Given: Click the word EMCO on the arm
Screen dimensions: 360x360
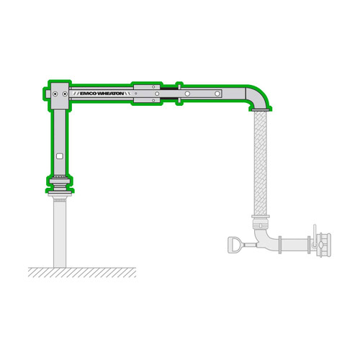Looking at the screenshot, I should pos(90,94).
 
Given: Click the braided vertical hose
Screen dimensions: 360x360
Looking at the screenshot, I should pos(260,162).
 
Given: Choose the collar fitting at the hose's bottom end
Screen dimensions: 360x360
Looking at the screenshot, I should pos(260,216).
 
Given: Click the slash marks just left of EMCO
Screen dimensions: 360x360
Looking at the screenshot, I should pos(72,94).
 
